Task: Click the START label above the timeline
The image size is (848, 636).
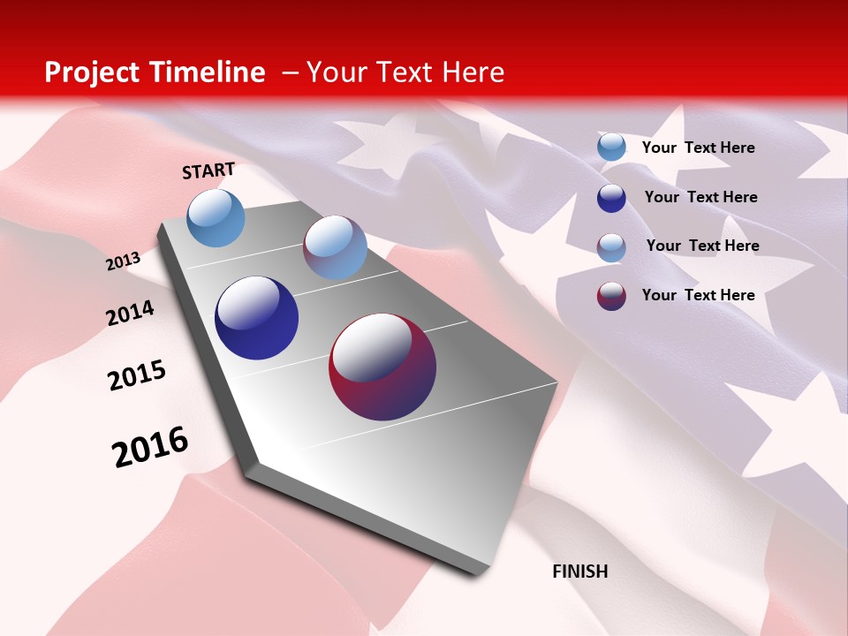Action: tap(208, 170)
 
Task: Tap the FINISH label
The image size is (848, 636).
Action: tap(580, 572)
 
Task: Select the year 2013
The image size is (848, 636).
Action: tap(124, 261)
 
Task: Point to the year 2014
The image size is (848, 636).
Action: tap(130, 313)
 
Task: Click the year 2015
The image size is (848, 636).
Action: tap(137, 375)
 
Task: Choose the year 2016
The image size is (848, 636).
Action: tap(150, 447)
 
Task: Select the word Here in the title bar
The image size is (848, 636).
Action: tap(473, 72)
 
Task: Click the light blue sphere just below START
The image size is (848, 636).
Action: tap(216, 217)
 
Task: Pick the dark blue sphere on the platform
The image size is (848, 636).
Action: tap(256, 318)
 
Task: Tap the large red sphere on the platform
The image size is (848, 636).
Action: tap(382, 367)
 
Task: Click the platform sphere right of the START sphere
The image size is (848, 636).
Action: tap(335, 247)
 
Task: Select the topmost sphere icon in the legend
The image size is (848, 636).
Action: tap(611, 148)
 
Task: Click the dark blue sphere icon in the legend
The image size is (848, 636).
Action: tap(611, 198)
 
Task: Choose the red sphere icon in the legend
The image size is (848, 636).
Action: tap(611, 296)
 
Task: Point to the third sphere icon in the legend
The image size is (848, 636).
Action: tap(611, 247)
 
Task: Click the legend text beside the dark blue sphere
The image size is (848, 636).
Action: tap(700, 197)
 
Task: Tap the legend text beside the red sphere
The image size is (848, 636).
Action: tap(698, 295)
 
